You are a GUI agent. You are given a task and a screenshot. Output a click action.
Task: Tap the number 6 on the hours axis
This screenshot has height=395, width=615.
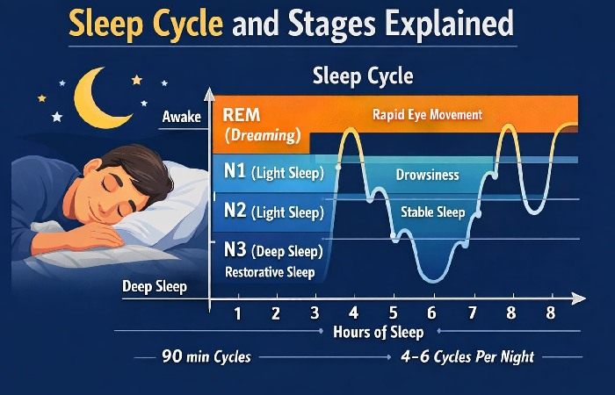(431, 312)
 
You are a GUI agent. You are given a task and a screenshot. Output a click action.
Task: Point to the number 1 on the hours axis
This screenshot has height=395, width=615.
(237, 312)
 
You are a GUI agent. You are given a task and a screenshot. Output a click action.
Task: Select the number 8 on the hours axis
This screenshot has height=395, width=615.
(551, 312)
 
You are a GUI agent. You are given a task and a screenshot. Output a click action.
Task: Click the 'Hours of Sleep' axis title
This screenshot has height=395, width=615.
(378, 333)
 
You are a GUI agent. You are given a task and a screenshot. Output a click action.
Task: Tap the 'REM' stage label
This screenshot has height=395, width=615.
(241, 115)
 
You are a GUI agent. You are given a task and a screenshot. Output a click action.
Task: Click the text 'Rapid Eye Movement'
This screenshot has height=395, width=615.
(427, 114)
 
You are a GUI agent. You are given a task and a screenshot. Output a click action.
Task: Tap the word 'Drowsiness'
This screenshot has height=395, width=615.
(428, 175)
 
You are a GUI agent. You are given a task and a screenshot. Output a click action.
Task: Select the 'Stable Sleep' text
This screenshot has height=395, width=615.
(432, 212)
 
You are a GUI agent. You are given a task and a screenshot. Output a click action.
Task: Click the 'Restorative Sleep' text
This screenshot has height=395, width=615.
(270, 272)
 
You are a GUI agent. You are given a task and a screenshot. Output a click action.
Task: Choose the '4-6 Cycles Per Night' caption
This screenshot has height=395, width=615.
(468, 357)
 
